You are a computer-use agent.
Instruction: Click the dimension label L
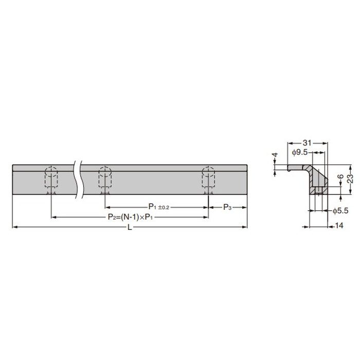pos(130,227)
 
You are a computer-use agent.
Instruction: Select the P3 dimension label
pos(227,207)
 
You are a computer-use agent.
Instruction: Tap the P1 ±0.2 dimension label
pos(158,207)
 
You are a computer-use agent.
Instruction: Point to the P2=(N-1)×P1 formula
pos(130,217)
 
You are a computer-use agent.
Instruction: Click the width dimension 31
pos(307,143)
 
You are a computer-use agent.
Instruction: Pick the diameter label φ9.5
pos(299,152)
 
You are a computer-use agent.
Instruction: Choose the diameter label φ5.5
pos(340,210)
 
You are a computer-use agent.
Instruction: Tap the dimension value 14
pos(339,226)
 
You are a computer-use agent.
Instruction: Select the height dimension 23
pos(350,178)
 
